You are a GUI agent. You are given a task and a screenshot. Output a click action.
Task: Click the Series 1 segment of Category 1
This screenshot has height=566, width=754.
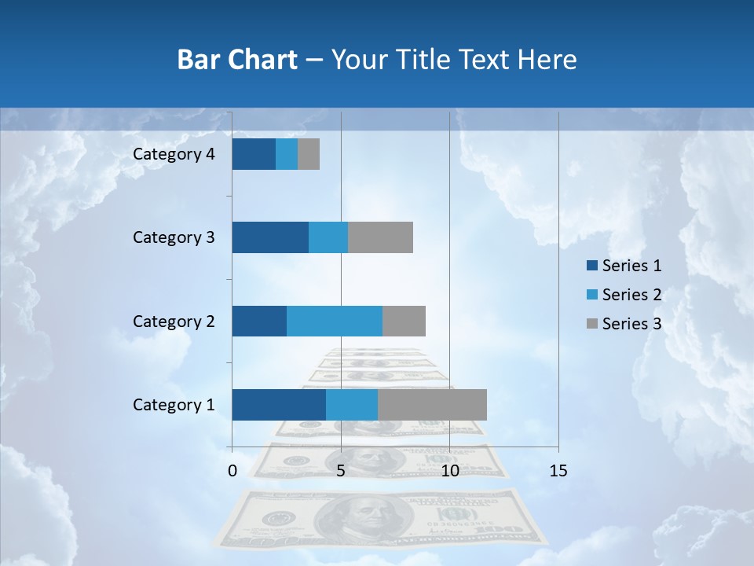click(x=279, y=405)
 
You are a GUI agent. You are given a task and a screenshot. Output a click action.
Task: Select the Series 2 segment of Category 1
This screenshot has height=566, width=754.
click(x=352, y=405)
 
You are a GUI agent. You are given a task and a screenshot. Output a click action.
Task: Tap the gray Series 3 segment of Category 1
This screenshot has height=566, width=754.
click(x=432, y=405)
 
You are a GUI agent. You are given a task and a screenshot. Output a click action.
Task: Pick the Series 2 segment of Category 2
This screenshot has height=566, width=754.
click(x=335, y=322)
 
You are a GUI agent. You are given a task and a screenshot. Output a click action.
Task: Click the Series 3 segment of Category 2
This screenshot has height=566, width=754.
click(x=404, y=322)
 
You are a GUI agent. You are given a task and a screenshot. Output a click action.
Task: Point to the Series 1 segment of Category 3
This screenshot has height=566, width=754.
click(x=270, y=237)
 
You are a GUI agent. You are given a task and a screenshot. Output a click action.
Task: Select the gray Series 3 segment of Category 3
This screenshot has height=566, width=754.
click(x=380, y=237)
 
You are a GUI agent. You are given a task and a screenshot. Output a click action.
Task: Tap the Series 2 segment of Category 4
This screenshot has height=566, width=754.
click(x=287, y=154)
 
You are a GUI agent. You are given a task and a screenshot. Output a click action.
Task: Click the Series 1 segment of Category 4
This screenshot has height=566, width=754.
click(x=254, y=154)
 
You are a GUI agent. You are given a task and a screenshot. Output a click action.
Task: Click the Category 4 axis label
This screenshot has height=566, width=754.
click(x=174, y=154)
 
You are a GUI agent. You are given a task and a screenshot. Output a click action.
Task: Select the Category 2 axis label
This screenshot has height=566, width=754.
click(x=174, y=322)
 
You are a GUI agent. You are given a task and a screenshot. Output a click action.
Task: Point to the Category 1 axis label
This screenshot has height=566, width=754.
click(x=174, y=405)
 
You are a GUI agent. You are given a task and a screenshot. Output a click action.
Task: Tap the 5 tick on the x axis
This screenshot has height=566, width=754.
click(x=341, y=471)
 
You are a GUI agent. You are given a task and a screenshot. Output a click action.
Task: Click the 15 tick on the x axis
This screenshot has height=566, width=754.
click(x=558, y=471)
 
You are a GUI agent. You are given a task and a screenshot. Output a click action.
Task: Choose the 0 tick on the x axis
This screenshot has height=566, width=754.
click(x=232, y=471)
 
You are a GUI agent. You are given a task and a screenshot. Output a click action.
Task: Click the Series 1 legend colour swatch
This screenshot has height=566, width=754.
click(x=591, y=266)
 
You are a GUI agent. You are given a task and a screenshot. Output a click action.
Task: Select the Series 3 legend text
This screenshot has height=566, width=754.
click(x=631, y=324)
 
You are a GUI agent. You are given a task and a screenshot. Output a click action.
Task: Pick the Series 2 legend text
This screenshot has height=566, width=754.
click(x=631, y=295)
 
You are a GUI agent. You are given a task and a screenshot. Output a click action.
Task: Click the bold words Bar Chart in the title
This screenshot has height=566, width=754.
click(x=237, y=60)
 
